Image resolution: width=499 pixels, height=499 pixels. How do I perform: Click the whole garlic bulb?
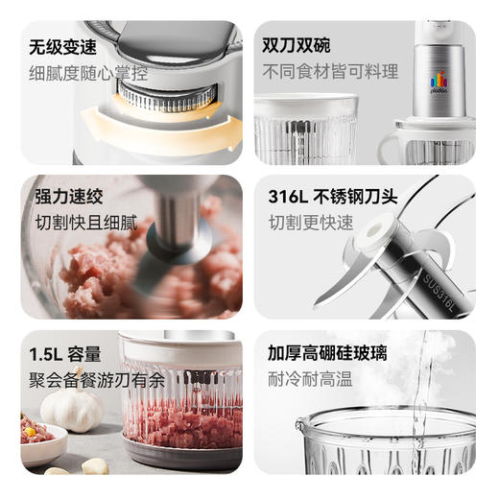coord(72,409)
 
